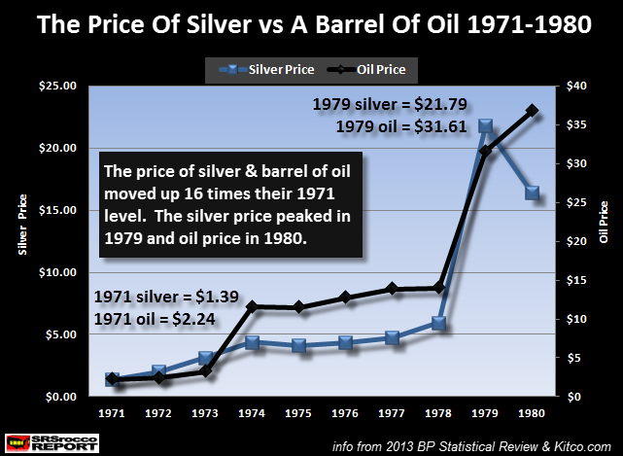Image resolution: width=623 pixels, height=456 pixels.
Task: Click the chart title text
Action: point(311,25)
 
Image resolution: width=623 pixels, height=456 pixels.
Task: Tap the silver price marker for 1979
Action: point(486,126)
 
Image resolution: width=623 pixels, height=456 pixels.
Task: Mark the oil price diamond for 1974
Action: point(252,306)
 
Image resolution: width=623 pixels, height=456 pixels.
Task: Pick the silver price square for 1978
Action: point(438,323)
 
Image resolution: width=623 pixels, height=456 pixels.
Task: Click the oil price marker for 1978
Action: point(438,288)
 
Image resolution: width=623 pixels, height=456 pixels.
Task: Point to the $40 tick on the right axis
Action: point(575,86)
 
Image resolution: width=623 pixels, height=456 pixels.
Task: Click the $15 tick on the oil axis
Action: point(575,280)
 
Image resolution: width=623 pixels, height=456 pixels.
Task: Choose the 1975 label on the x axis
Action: point(298,413)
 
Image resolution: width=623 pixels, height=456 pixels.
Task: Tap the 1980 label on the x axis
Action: point(532,413)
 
